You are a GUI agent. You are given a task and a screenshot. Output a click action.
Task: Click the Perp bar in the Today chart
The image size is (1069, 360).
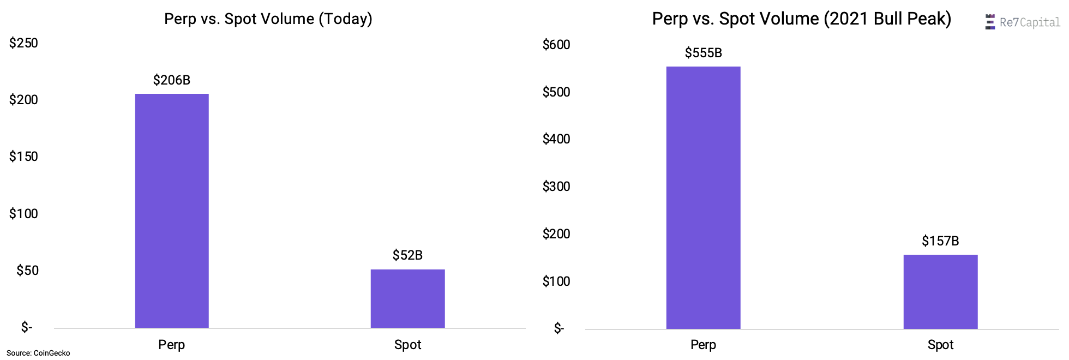coord(172,211)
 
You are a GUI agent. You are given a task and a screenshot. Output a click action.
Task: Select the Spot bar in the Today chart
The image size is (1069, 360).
coord(407,298)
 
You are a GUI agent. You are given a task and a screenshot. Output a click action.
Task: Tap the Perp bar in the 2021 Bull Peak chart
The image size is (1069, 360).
coord(703,197)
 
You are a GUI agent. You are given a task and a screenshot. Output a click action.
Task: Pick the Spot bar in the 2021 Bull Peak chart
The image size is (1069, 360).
coord(940,291)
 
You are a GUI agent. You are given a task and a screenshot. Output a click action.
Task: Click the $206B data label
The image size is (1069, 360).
coord(172,80)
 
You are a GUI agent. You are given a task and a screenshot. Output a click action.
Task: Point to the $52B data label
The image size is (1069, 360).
coord(407,255)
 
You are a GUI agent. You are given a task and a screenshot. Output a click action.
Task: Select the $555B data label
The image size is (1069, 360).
coord(703,53)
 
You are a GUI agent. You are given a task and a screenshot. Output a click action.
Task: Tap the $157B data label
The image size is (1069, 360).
coord(940,241)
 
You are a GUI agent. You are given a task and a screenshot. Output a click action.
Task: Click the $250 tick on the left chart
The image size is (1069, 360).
coord(23,43)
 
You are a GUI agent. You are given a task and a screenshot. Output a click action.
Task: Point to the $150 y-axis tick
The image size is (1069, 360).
coord(23,157)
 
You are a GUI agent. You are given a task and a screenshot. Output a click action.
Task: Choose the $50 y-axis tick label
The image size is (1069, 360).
coord(27,271)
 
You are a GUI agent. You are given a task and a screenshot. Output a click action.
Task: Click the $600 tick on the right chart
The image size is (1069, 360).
coord(556,45)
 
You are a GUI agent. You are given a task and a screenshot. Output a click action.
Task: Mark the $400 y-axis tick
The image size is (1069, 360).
coord(556,139)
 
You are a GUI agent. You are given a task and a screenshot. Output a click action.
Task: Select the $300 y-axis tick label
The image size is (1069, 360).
coord(556,187)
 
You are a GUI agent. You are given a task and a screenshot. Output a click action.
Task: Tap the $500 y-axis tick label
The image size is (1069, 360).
coord(556,92)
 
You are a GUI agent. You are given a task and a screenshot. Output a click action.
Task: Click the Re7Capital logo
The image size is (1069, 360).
coord(1022,22)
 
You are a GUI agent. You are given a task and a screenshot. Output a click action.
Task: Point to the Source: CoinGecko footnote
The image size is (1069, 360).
coord(38,353)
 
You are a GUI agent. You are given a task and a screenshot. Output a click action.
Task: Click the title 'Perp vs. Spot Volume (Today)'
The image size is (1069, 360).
coord(268,19)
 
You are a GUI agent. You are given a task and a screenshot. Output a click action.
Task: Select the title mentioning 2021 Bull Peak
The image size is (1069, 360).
coord(801,19)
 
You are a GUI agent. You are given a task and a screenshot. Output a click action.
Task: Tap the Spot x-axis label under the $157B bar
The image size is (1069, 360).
coord(940,345)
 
